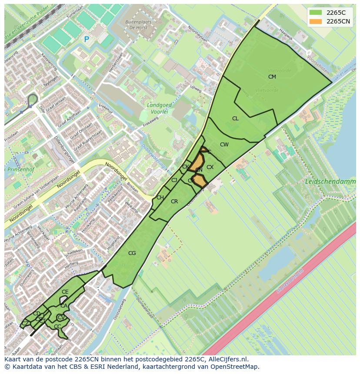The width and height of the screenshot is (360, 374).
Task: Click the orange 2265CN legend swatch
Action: coord(316,21)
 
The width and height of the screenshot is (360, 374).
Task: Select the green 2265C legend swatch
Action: coord(316,13)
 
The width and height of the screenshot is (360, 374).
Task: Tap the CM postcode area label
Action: coord(272,77)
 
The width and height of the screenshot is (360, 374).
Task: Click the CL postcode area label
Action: coord(235,119)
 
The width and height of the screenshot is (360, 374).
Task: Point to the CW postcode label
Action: coord(224,145)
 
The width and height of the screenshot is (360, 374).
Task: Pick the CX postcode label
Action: coord(210,167)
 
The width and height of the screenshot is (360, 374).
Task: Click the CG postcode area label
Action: coord(132,253)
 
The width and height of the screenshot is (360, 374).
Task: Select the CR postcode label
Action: coord(174,202)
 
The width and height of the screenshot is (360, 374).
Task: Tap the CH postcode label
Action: coord(160,198)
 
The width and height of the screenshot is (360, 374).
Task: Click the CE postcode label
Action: coord(65,292)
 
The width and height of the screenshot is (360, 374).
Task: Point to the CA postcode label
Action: coord(64,306)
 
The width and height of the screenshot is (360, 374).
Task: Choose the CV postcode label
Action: coord(61,318)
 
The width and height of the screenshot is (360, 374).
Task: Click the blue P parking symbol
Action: coord(86,40)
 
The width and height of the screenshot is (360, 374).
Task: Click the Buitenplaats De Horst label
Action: coord(137,24)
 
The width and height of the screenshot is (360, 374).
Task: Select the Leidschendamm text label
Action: coord(330,182)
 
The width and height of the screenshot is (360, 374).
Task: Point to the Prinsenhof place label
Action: coord(17,169)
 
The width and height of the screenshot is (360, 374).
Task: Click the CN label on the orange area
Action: coord(199,170)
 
